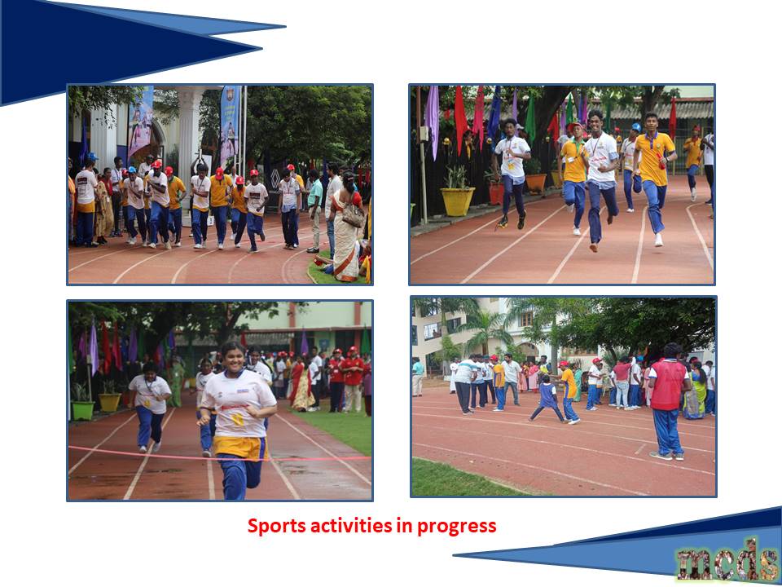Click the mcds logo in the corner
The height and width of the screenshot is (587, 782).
coord(727,564)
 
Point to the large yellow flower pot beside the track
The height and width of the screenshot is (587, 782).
coord(457,201)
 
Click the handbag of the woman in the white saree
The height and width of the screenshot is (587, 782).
coord(353,214)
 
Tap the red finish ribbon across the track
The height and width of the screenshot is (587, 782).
coord(219,455)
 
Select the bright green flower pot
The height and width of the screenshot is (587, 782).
coord(83,410)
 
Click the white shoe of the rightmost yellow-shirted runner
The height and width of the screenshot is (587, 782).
coord(659,240)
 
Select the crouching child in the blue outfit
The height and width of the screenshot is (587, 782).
coord(547,399)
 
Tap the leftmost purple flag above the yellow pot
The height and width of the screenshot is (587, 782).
coord(432,119)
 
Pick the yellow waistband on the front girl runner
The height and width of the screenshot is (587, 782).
coord(239,448)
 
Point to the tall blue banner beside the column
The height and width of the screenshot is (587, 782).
coord(231,125)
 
